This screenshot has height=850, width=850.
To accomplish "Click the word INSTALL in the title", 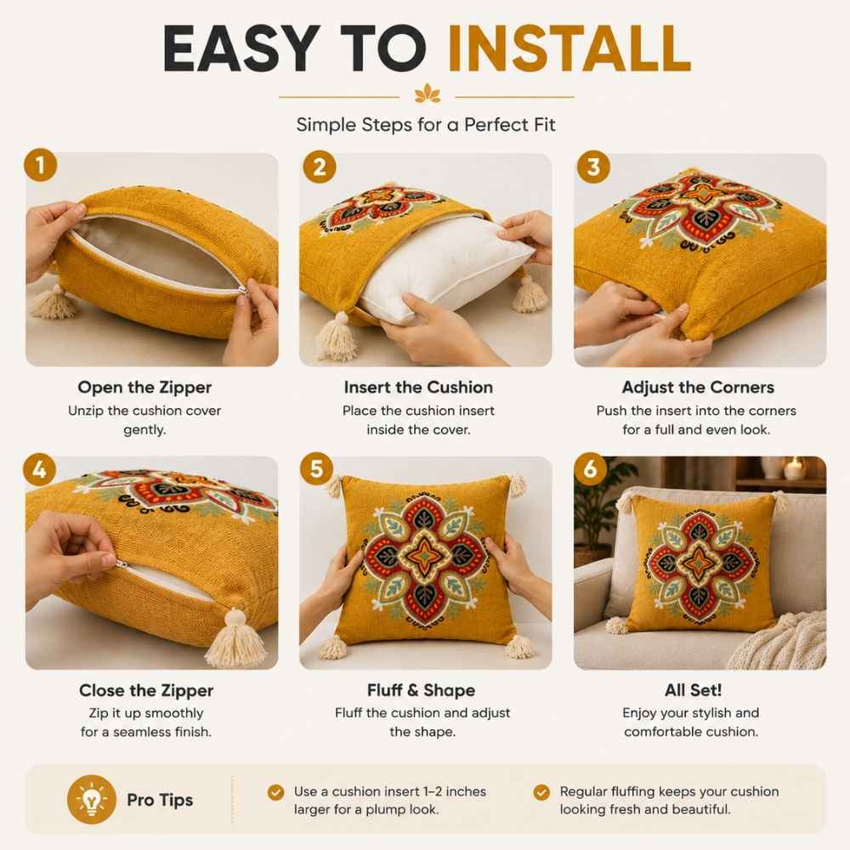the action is click(569, 48).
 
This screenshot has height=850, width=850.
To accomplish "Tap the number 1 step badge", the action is click(41, 165).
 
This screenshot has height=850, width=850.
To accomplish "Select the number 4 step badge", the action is click(40, 469).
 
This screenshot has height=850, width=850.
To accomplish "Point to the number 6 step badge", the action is click(591, 468).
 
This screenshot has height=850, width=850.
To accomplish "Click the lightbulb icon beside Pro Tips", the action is click(92, 800).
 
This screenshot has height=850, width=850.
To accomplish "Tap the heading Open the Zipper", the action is click(144, 387).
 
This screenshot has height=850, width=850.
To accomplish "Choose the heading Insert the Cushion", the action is click(418, 387).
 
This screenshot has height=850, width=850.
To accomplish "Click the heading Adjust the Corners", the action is click(698, 387).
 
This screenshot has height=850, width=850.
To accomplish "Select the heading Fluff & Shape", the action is click(422, 690).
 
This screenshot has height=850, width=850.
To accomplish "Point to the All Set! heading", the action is click(694, 690).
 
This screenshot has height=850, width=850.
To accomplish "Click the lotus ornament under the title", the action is click(428, 93).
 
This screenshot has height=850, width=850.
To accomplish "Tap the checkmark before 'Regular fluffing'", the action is click(541, 792).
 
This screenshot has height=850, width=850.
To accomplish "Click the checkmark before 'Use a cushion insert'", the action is click(276, 792).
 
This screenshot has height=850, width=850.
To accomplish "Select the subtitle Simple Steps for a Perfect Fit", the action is click(426, 125).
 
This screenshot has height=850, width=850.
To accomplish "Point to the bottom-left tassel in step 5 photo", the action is click(333, 647).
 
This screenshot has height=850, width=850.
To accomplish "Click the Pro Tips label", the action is click(160, 800).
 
